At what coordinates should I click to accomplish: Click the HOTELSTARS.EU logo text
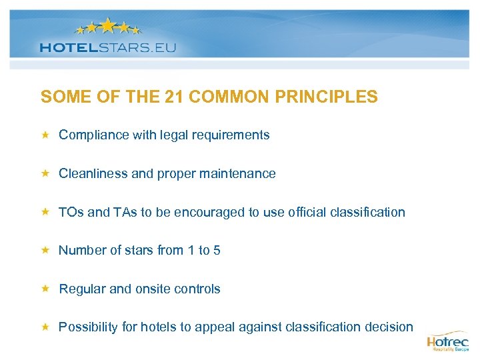pyautogui.click(x=107, y=47)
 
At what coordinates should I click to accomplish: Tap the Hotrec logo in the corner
pyautogui.click(x=447, y=341)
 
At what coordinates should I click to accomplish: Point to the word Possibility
pyautogui.click(x=87, y=327)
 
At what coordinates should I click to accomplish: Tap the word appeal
pyautogui.click(x=227, y=327)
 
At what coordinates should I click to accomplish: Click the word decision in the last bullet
pyautogui.click(x=389, y=327)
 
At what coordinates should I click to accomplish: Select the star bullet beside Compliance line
pyautogui.click(x=45, y=135)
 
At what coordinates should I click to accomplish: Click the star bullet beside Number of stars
pyautogui.click(x=45, y=250)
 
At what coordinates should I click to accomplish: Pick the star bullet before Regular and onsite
pyautogui.click(x=45, y=289)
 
